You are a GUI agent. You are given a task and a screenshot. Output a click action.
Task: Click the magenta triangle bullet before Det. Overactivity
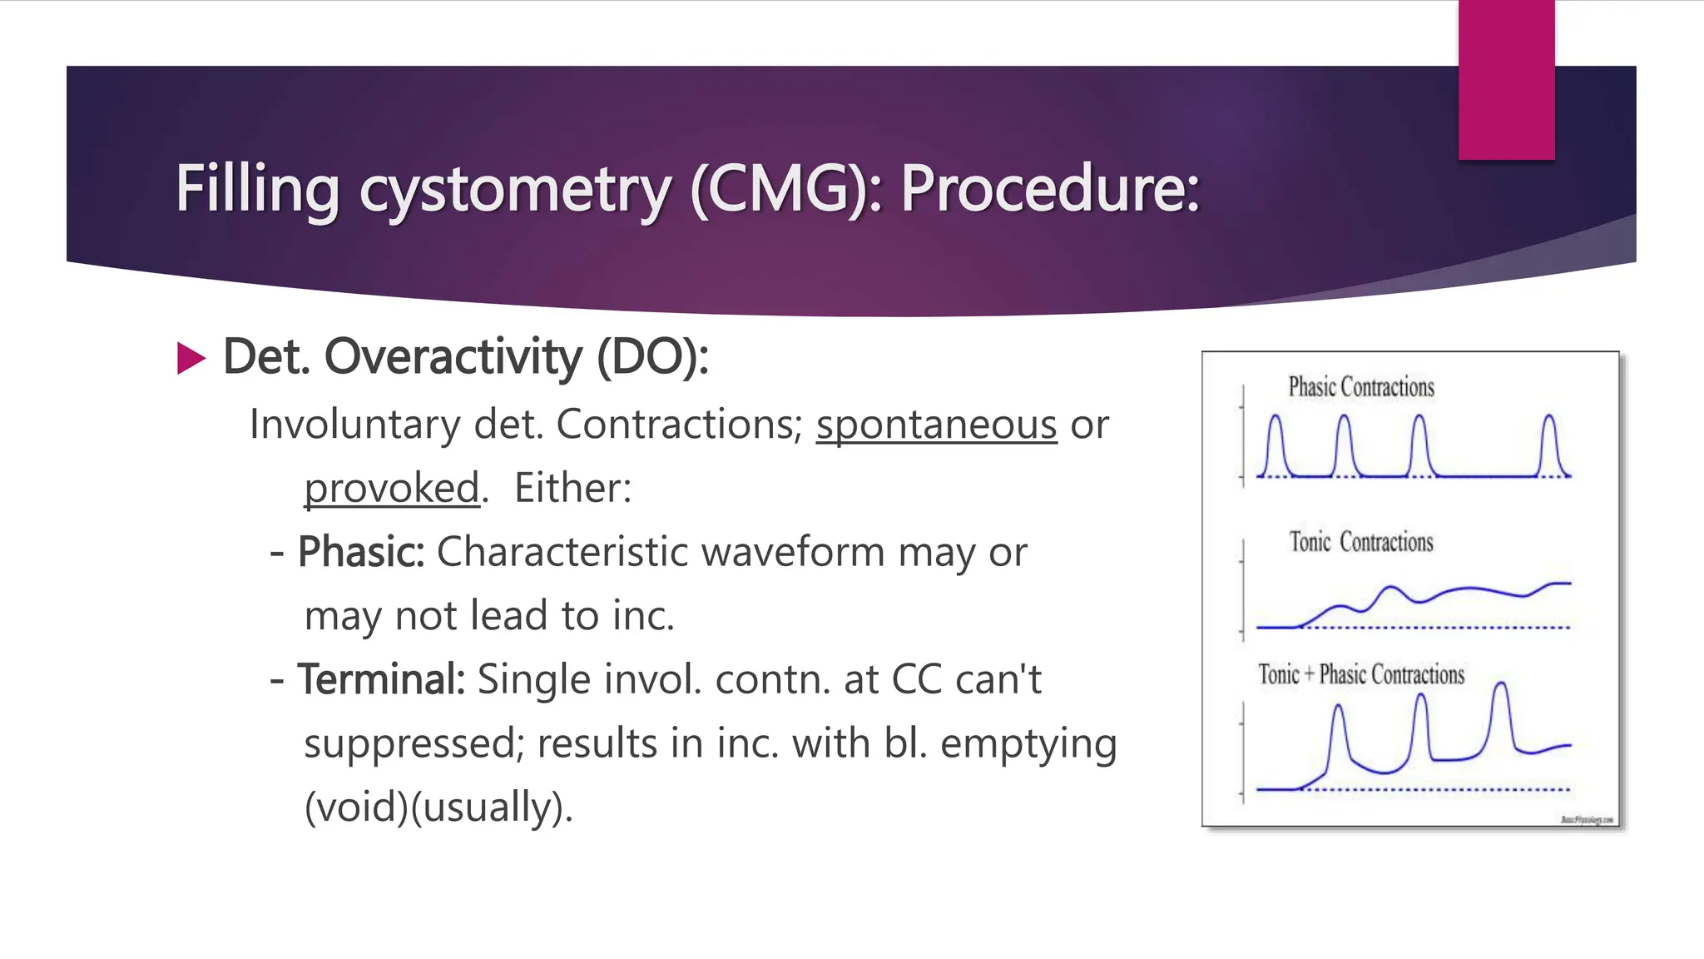tap(191, 359)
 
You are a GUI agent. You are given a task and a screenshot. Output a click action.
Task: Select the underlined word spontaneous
tap(936, 425)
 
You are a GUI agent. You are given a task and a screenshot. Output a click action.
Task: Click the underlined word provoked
tap(392, 488)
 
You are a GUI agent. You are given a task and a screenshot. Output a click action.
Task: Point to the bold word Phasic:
tap(361, 552)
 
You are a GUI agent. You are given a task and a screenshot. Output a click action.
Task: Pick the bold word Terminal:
tap(381, 679)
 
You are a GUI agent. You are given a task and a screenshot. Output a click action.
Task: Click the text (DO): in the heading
tap(652, 357)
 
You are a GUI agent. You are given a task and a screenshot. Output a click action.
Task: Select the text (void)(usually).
tap(438, 807)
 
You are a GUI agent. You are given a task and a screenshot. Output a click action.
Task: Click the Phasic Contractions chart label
tap(1361, 387)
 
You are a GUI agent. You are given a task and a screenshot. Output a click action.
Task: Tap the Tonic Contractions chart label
tap(1361, 542)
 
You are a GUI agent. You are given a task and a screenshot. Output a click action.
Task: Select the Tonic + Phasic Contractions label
tap(1361, 674)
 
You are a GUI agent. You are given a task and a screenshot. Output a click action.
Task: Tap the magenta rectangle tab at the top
tap(1506, 80)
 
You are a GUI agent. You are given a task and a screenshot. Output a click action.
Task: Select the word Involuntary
tap(354, 425)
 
